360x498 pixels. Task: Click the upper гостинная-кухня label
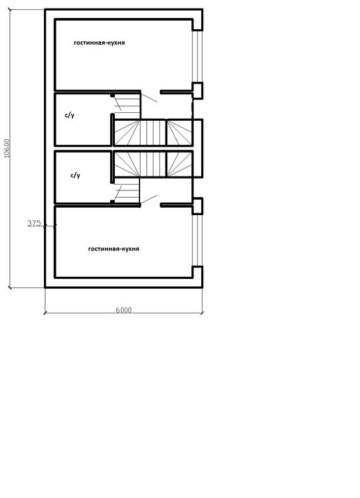pos(99,42)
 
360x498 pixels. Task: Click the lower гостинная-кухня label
pos(114,249)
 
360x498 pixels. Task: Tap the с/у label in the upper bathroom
pos(70,115)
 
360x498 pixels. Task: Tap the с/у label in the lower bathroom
pos(75,175)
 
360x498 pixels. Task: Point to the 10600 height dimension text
pos(7,148)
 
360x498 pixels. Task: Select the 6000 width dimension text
pos(124,310)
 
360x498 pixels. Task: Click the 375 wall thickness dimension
pos(34,223)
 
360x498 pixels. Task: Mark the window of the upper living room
pos(197,56)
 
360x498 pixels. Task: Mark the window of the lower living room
pos(197,240)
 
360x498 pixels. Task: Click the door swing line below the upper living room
pos(149,98)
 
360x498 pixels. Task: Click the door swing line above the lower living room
pos(149,199)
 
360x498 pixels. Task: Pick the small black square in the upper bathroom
pos(112,95)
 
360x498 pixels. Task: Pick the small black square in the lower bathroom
pos(112,201)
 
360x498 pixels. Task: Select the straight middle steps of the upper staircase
pos(153,132)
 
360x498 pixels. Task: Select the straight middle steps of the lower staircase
pos(153,164)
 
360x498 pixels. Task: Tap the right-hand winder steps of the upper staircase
pos(179,132)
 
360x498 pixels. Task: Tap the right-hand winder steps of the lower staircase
pos(179,164)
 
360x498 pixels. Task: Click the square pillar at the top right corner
pos(197,20)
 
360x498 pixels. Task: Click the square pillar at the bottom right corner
pos(197,277)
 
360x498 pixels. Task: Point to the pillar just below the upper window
pos(198,90)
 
